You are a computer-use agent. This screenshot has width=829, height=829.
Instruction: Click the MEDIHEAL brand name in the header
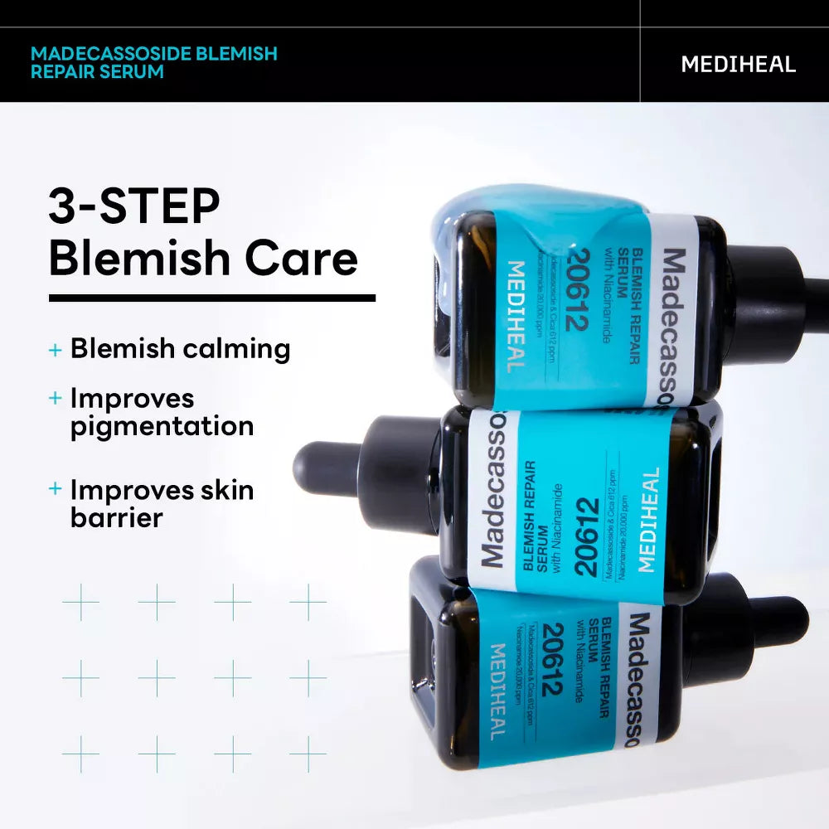point(738,64)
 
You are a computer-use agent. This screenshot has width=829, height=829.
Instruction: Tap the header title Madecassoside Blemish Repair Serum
point(153,63)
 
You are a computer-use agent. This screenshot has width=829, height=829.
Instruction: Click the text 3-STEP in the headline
point(133,206)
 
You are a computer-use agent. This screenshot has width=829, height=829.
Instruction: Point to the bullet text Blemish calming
point(180,349)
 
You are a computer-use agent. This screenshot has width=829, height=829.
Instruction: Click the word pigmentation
point(162,426)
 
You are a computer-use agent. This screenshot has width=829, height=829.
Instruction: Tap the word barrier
point(116,517)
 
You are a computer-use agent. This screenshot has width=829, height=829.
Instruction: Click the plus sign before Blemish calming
point(56,350)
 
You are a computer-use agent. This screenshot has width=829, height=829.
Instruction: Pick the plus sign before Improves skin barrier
point(56,489)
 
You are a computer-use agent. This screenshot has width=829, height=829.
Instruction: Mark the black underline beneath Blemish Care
point(211,298)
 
